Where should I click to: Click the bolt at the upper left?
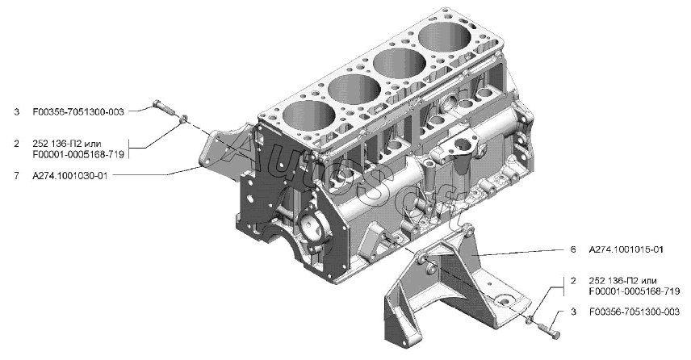click(161, 107)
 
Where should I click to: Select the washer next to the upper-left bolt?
click(183, 118)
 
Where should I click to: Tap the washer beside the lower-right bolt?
click(530, 319)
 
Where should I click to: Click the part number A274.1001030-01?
click(69, 176)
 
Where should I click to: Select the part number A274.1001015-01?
click(626, 249)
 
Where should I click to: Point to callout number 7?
click(16, 176)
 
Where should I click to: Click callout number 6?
click(573, 249)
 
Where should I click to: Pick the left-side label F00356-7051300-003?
click(78, 111)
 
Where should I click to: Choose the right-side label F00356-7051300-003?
click(634, 312)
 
